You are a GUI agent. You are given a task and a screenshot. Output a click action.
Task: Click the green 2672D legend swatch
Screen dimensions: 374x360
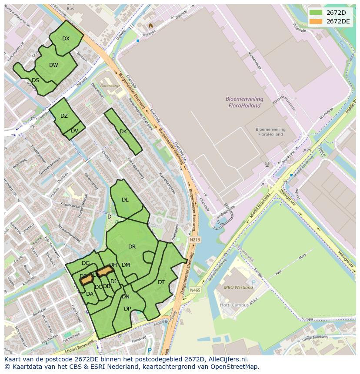click(x=316, y=12)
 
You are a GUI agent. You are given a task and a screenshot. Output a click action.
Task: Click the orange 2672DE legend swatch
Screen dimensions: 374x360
click(x=316, y=21)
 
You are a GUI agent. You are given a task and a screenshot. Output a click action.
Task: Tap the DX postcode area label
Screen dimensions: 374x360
click(x=66, y=39)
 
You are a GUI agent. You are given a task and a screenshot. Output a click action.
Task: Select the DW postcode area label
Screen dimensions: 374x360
click(x=53, y=66)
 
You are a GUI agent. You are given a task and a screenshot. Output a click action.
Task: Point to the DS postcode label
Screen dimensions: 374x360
click(x=35, y=80)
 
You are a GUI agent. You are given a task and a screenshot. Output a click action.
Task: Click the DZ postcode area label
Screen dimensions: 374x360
click(x=64, y=116)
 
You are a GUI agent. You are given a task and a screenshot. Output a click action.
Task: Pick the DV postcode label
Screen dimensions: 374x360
click(x=74, y=131)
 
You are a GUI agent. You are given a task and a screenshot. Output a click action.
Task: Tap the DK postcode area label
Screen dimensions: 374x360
click(x=123, y=132)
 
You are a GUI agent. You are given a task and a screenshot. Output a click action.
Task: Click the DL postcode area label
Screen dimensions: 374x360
click(x=125, y=200)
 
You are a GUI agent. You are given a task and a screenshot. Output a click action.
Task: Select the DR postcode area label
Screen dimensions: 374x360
click(x=132, y=247)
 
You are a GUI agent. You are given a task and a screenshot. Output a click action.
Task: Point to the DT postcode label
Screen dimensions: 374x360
click(x=161, y=282)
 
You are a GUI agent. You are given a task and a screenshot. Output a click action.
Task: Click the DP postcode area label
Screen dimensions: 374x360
click(x=127, y=309)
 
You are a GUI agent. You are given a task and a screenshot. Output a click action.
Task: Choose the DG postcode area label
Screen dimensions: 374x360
click(x=86, y=263)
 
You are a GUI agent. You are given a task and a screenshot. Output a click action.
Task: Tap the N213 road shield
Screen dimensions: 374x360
click(x=195, y=239)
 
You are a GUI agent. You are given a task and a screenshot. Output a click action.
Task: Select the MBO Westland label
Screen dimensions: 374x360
click(x=238, y=288)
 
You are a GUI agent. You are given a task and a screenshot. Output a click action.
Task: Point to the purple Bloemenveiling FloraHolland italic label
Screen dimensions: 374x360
click(x=243, y=102)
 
